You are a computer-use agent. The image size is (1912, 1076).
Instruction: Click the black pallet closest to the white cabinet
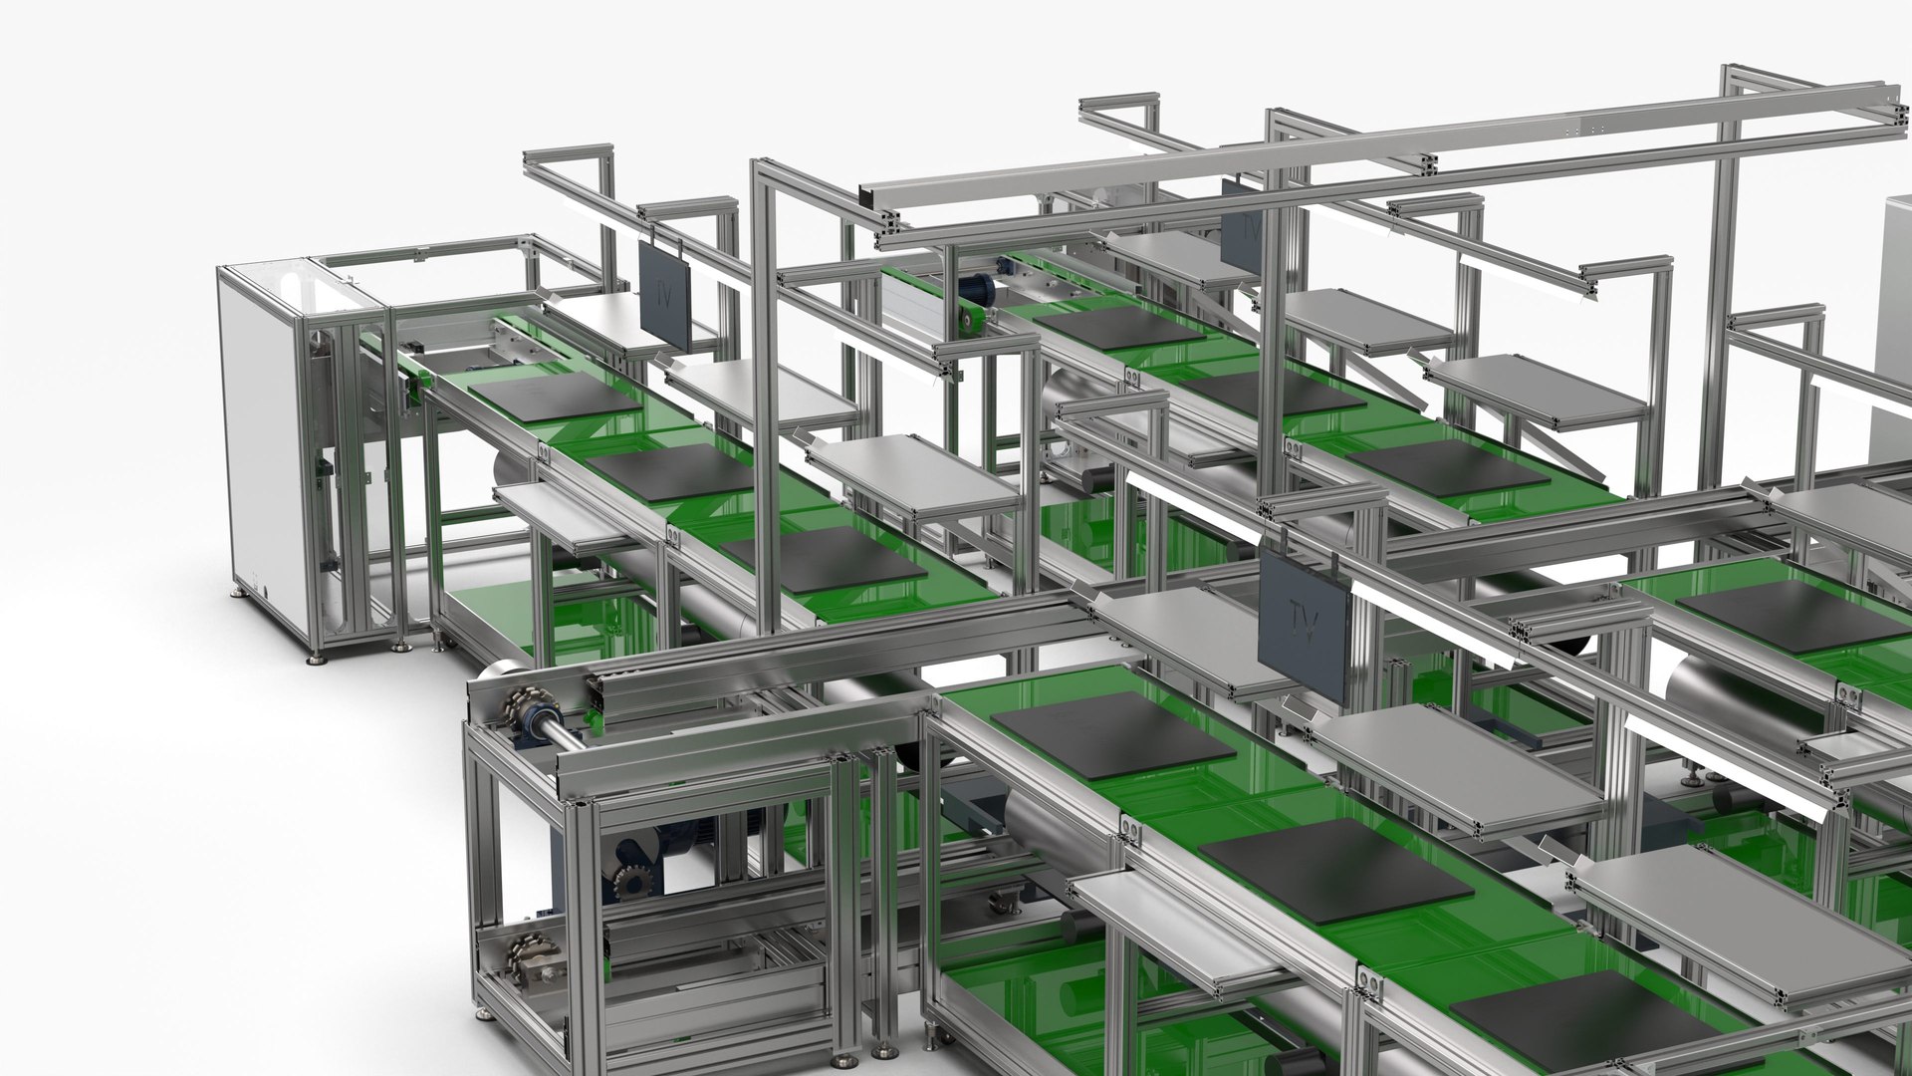pyautogui.click(x=556, y=397)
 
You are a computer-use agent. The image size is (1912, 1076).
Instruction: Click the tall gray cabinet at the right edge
pyautogui.click(x=1892, y=329)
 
